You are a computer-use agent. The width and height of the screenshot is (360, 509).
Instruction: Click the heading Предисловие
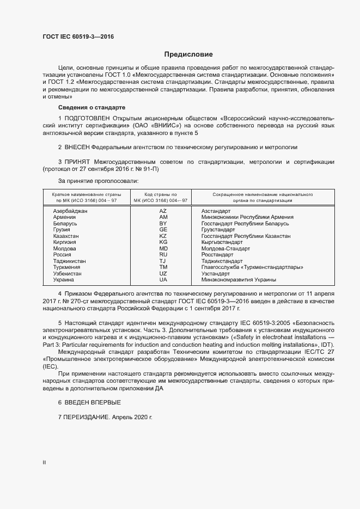point(188,54)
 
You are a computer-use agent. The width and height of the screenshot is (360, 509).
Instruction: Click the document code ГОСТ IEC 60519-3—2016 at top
point(78,37)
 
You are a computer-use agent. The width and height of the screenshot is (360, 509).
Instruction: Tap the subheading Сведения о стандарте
point(91,107)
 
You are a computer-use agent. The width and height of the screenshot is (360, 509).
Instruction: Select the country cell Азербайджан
point(70,211)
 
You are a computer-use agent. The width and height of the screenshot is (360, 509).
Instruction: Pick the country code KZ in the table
point(163,236)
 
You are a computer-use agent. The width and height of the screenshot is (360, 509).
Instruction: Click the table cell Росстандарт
point(217,255)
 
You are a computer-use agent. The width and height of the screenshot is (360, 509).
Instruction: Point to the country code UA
point(163,280)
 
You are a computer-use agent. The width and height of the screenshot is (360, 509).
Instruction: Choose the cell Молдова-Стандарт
point(225,248)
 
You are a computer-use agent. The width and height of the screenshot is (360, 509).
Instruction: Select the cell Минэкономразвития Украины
point(239,280)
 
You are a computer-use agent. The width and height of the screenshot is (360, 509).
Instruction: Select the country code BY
point(163,223)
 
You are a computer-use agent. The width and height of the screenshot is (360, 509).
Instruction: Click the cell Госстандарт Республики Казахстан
point(246,236)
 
